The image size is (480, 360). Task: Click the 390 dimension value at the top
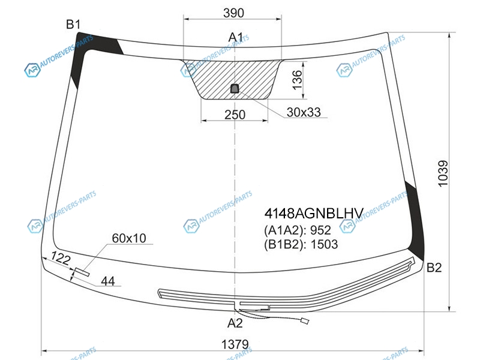pyautogui.click(x=233, y=13)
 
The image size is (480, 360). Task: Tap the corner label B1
pyautogui.click(x=73, y=24)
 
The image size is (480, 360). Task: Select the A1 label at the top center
pyautogui.click(x=236, y=37)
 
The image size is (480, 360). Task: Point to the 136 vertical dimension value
pyautogui.click(x=297, y=80)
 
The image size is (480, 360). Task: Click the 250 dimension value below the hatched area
pyautogui.click(x=235, y=115)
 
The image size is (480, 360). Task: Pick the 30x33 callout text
pyautogui.click(x=304, y=112)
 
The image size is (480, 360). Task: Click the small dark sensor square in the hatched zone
pyautogui.click(x=235, y=88)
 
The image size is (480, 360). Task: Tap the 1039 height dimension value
pyautogui.click(x=443, y=173)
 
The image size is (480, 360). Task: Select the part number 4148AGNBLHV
pyautogui.click(x=314, y=214)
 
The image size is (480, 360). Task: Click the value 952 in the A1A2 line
pyautogui.click(x=320, y=230)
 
